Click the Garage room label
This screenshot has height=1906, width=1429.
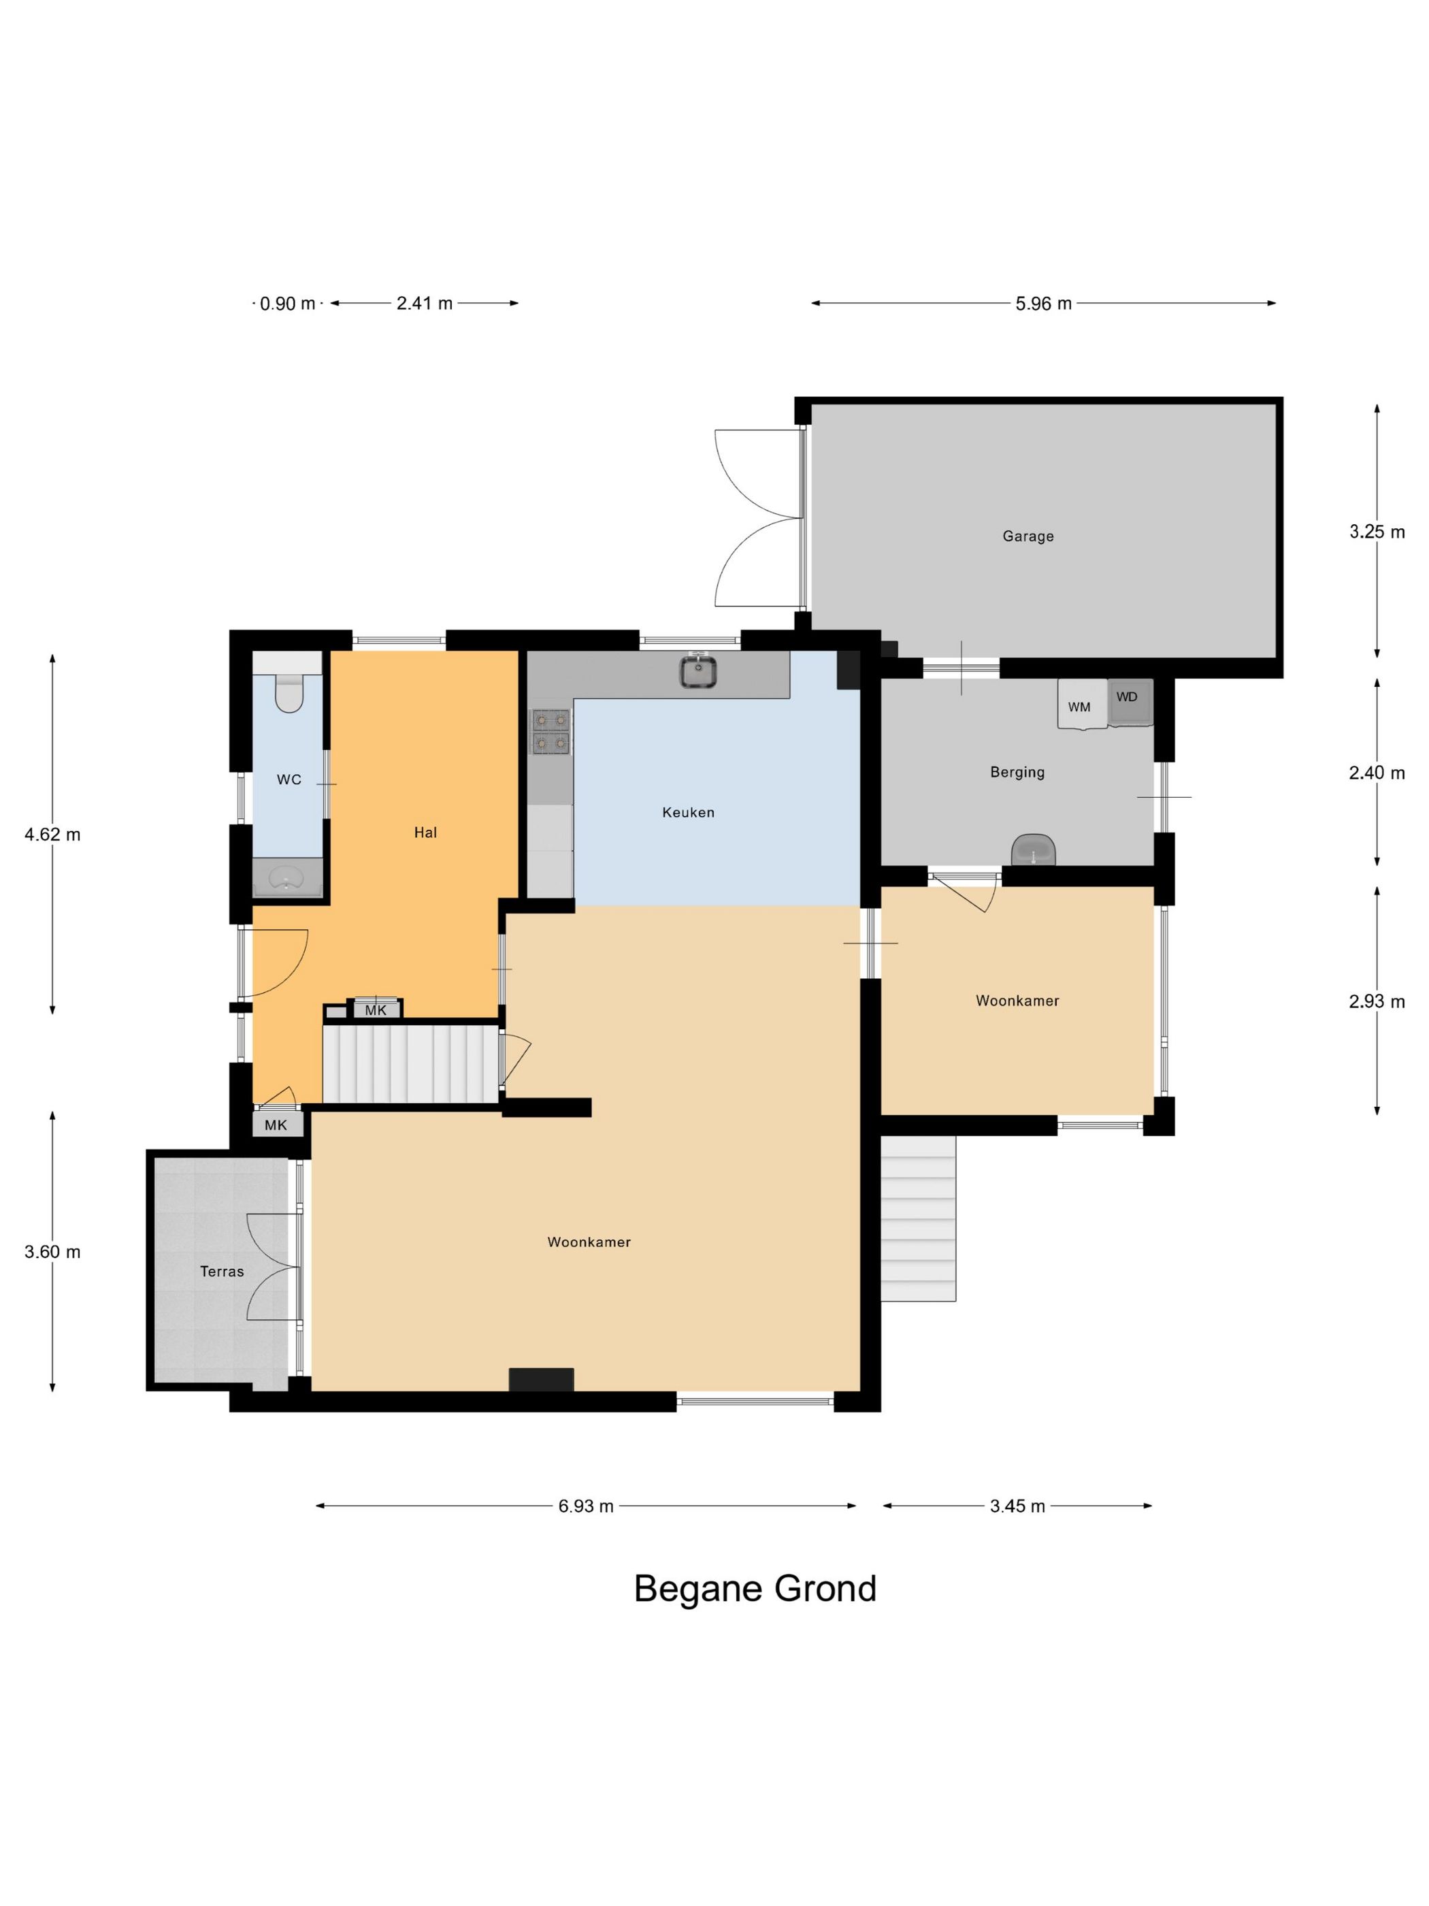tap(1028, 536)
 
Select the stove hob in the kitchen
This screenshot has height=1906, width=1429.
tap(551, 730)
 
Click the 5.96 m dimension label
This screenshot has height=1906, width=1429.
tap(1043, 304)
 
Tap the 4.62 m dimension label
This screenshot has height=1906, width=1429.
tap(52, 834)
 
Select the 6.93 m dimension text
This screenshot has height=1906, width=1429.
tap(586, 1506)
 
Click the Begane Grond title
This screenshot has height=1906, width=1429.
tap(755, 1589)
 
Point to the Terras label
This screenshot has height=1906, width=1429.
tap(223, 1271)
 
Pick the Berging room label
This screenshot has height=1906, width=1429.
tap(1017, 772)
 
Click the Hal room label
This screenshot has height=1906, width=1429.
tap(425, 833)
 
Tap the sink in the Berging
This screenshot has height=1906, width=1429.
tap(1033, 850)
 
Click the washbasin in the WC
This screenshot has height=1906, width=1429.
tap(287, 878)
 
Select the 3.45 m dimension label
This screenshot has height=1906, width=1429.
tap(1017, 1506)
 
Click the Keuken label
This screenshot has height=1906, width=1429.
tap(688, 811)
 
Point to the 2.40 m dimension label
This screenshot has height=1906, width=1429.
tap(1377, 773)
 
